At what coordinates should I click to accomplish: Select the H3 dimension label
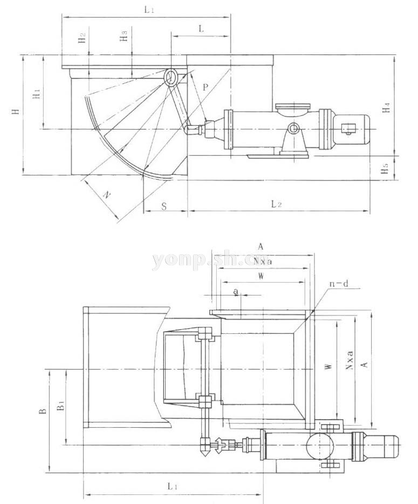coord(124,37)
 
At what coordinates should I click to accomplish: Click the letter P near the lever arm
coord(205,86)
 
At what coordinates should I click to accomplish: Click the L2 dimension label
coord(277,204)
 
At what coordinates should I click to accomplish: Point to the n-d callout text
coord(338,284)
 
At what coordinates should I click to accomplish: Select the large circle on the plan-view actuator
coord(319,445)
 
